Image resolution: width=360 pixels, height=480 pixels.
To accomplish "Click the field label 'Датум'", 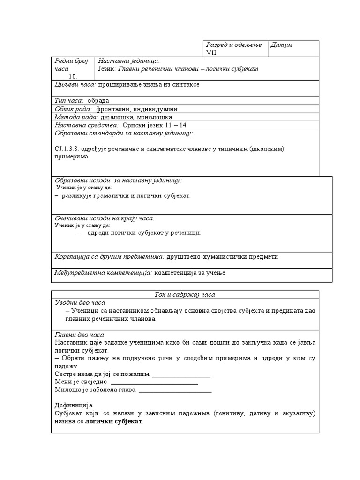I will (282, 45).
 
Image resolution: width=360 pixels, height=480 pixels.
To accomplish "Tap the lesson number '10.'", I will (74, 76).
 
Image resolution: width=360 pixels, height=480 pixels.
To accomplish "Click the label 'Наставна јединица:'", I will (129, 61).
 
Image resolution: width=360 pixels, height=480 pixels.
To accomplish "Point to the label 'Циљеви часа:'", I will (75, 84).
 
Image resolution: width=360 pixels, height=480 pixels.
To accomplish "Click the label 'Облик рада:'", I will (74, 109).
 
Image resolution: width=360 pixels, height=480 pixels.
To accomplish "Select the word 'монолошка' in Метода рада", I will (155, 117).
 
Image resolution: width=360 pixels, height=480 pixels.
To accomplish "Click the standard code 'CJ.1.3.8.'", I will (67, 149).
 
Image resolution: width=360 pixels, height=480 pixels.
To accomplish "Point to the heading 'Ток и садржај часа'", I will (185, 294).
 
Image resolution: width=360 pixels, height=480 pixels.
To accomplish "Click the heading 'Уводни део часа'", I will (80, 303).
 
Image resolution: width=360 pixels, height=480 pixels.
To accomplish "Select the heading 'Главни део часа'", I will (80, 335).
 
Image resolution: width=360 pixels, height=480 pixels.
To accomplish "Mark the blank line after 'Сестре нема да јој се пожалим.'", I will (181, 375).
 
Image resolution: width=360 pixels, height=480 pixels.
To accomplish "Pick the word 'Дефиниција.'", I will (74, 405).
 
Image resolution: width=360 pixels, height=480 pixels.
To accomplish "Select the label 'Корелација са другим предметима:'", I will (109, 257).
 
